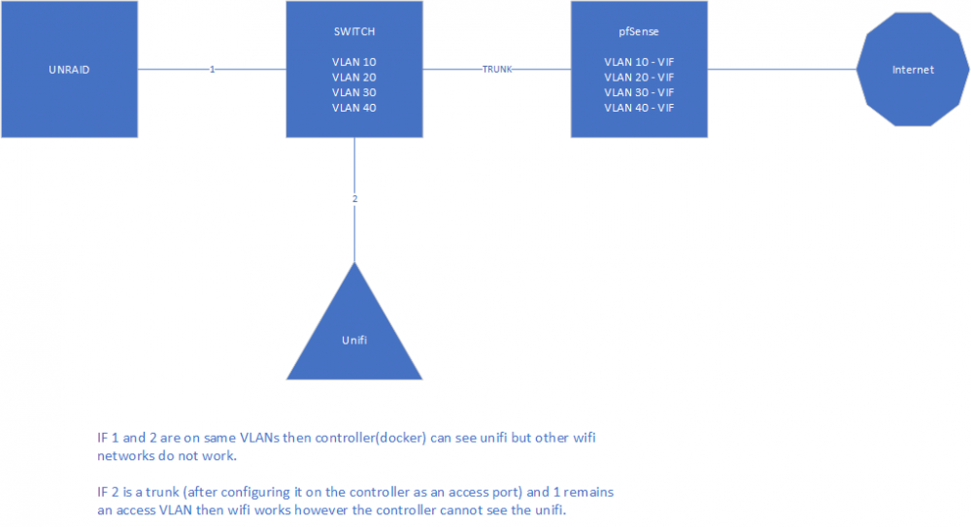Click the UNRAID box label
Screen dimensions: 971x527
[x=69, y=70]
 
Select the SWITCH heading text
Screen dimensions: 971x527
[x=354, y=32]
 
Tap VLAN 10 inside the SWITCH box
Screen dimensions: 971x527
[x=354, y=62]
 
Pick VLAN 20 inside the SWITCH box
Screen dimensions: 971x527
[x=354, y=78]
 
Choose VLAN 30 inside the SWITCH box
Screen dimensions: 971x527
[x=354, y=92]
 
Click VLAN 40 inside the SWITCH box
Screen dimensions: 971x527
[x=354, y=108]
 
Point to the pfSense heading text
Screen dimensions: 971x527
[x=639, y=32]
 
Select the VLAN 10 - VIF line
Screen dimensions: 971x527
[x=639, y=62]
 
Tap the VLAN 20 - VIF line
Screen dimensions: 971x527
[x=639, y=78]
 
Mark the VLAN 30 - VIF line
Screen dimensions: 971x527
[x=639, y=92]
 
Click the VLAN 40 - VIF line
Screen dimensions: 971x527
[x=639, y=108]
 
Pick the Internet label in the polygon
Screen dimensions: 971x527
[x=913, y=70]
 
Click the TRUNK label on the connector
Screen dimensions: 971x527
[x=497, y=69]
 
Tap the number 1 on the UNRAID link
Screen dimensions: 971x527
[x=213, y=69]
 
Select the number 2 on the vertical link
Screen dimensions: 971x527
[x=354, y=199]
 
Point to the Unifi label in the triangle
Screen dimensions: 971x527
[x=354, y=340]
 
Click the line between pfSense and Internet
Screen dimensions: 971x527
[x=782, y=69]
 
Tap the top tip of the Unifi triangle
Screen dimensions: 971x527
[x=354, y=262]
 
